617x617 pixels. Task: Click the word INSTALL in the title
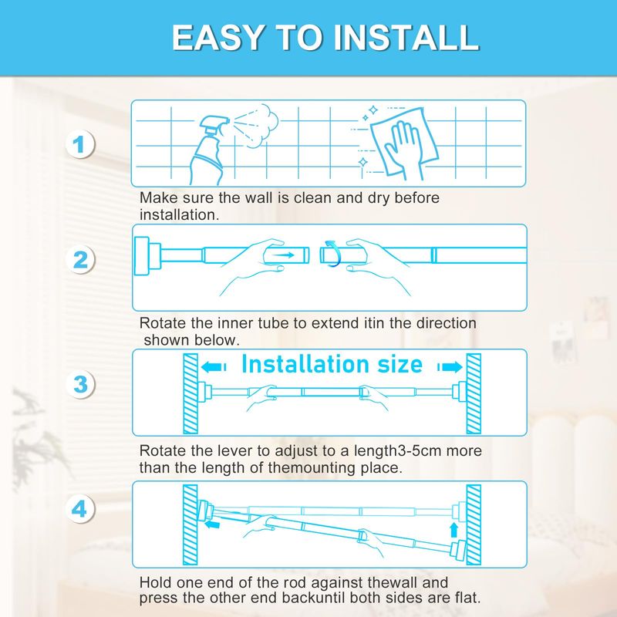pos(406,37)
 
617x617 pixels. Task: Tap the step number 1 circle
pos(80,144)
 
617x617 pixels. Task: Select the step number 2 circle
pos(80,260)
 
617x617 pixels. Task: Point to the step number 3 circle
pos(80,384)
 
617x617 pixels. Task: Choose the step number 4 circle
pos(80,509)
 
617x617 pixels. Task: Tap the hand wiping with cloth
pos(403,145)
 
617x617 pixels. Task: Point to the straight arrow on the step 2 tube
pos(283,255)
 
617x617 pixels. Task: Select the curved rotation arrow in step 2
pos(332,255)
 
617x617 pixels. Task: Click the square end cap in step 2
pos(142,256)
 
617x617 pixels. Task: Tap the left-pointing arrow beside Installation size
pos(214,367)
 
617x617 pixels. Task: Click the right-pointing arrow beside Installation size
pos(450,367)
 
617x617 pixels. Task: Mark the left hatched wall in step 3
pos(190,393)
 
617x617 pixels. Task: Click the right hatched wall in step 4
pos(474,524)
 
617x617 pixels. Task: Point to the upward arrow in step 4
pos(453,530)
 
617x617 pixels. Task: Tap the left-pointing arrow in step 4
pos(213,524)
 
